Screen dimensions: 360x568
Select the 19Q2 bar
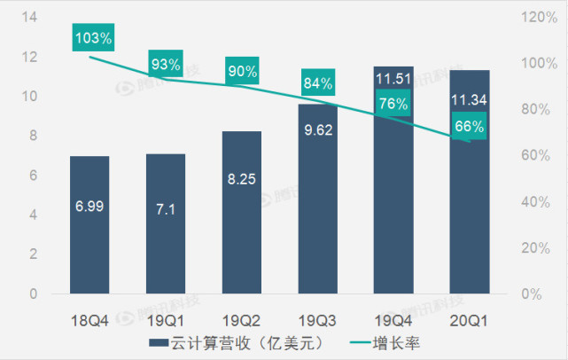tap(242, 212)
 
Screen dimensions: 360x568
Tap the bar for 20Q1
tap(470, 181)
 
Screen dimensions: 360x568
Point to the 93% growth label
tap(166, 64)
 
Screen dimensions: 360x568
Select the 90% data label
tap(242, 71)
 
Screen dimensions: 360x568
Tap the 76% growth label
tap(393, 104)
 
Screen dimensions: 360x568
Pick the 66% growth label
tap(470, 126)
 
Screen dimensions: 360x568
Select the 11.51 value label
tap(393, 80)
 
